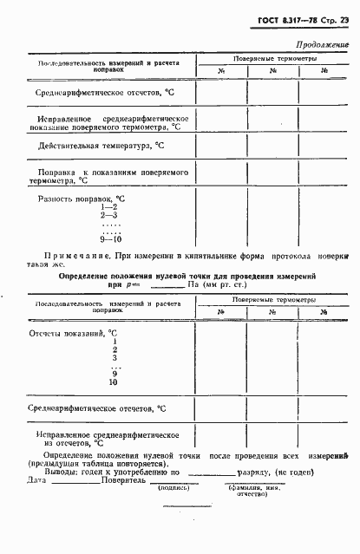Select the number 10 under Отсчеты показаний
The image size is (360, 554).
[113, 381]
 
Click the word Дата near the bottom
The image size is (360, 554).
[36, 480]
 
